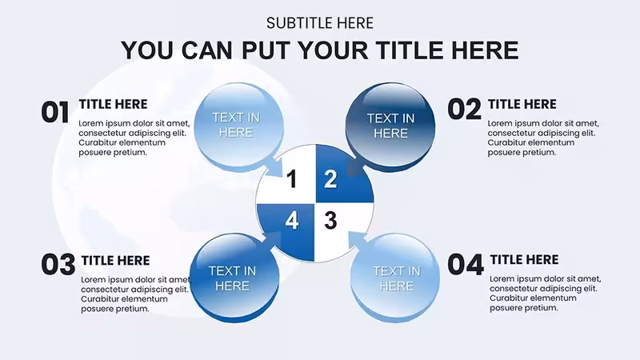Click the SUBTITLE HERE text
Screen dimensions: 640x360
319,23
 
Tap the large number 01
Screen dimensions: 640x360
55,113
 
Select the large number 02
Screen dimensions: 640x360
465,110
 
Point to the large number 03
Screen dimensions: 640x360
58,265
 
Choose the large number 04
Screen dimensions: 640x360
466,265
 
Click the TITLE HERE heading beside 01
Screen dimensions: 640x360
113,105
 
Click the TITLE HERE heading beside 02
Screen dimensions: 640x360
522,105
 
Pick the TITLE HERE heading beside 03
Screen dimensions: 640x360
115,261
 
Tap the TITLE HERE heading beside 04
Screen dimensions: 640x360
525,259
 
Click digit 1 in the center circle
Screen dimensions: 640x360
291,179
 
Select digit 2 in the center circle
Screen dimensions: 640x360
330,179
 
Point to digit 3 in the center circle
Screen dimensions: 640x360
330,221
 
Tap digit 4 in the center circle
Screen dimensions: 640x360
292,221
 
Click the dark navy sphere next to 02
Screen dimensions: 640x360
390,126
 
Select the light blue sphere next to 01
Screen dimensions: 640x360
238,126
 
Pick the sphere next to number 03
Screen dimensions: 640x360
234,278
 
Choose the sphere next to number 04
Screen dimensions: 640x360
394,278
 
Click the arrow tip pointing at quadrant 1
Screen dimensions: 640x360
282,176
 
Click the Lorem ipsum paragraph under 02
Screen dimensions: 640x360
543,138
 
